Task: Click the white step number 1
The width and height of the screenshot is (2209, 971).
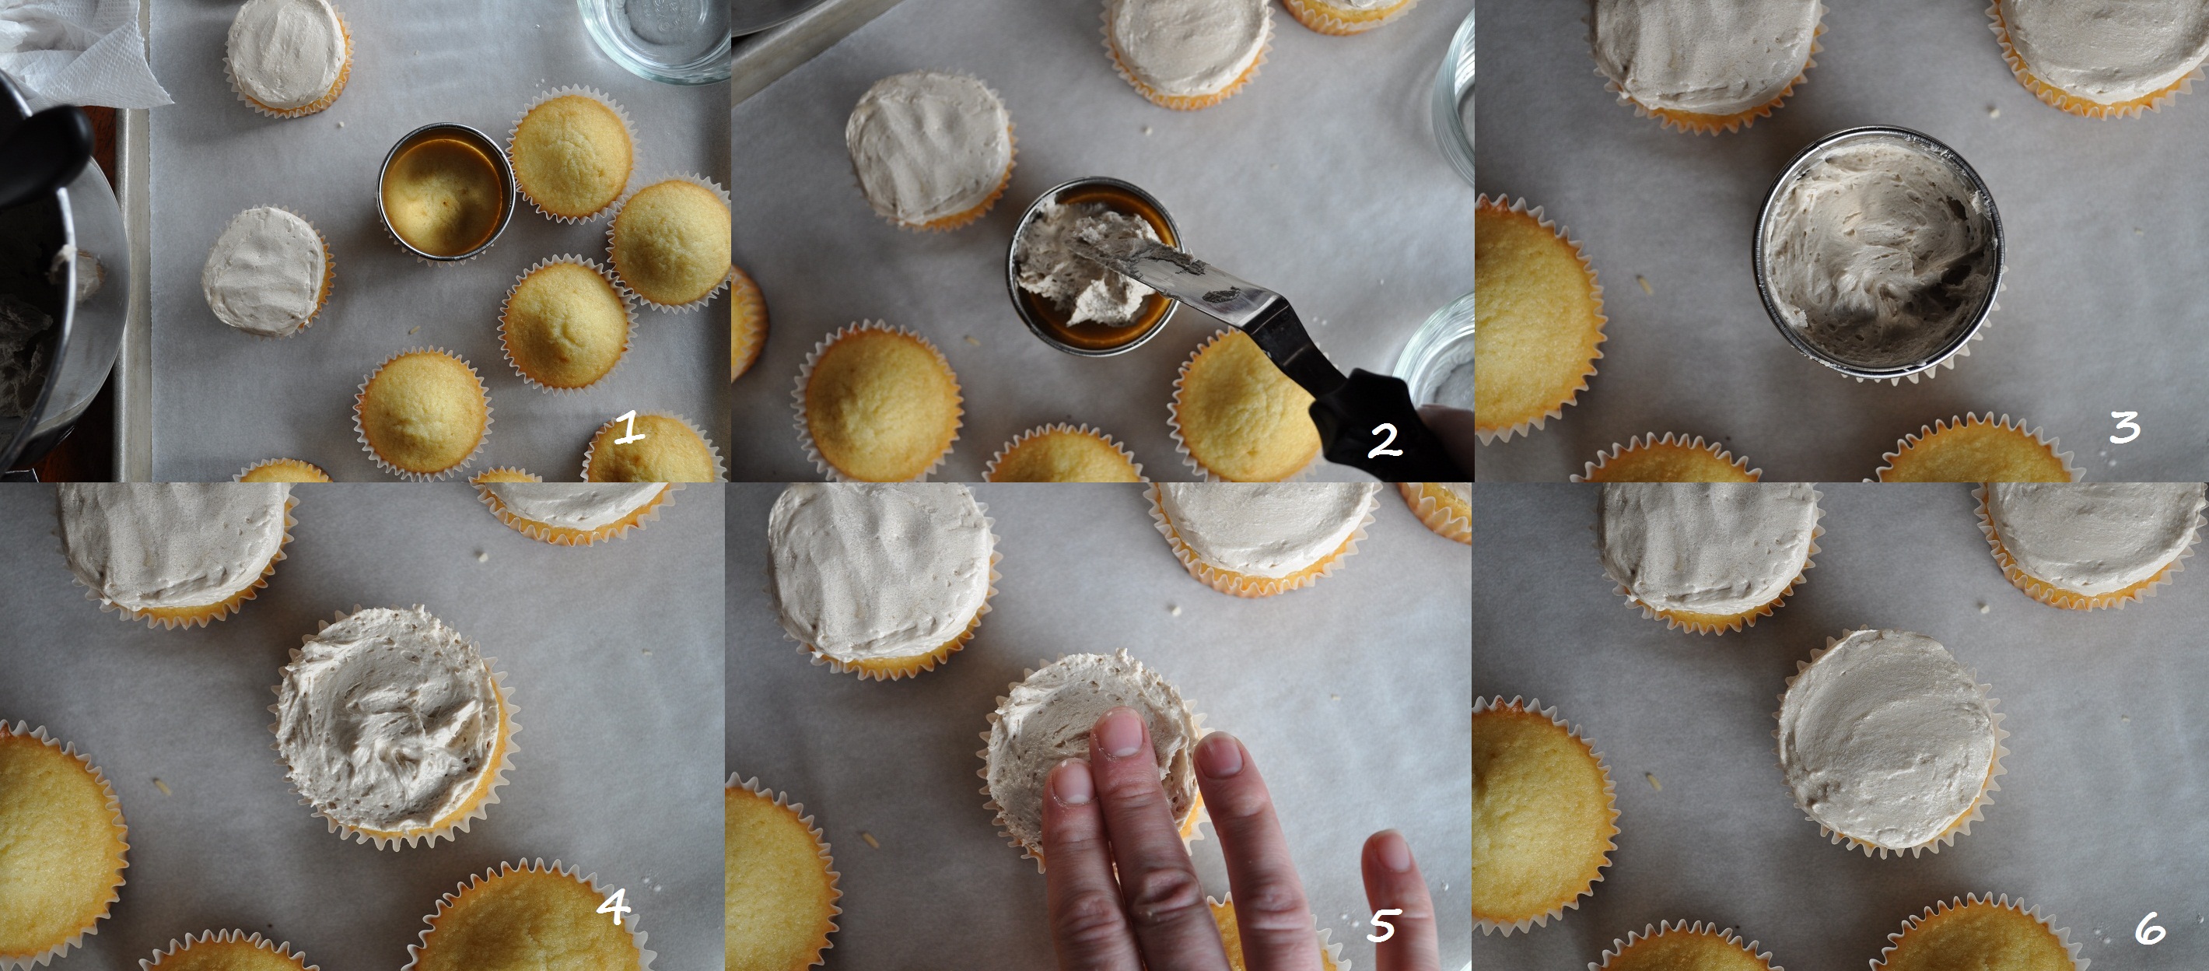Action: coord(630,428)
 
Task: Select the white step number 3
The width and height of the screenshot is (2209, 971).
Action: coord(2125,427)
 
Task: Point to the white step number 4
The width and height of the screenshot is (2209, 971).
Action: coord(613,907)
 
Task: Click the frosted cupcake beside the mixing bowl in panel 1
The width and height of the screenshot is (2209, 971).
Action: coord(267,270)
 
